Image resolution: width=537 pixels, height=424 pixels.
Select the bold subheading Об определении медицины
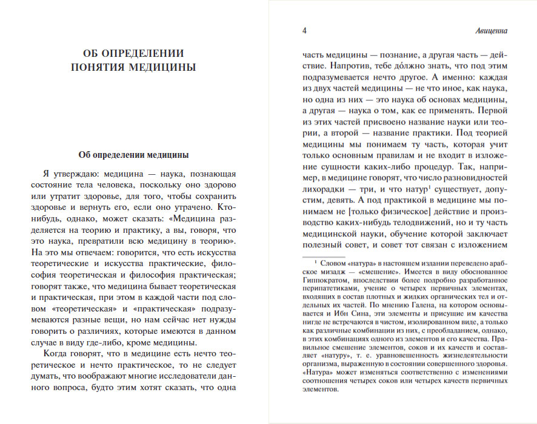133,154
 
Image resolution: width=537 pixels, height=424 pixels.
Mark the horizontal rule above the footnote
339,256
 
